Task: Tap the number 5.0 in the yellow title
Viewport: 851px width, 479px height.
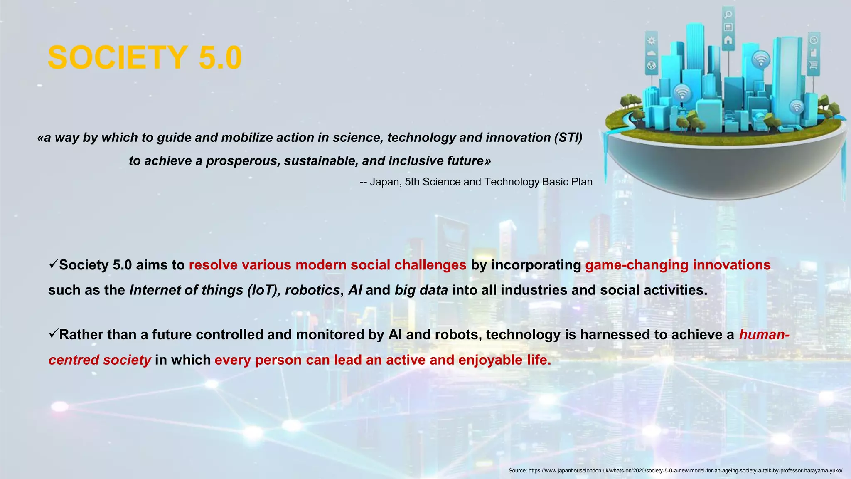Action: (220, 57)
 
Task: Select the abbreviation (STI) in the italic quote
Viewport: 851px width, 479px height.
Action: (568, 137)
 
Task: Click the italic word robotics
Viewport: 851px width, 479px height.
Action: (312, 290)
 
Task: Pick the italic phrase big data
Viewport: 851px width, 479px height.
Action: (421, 290)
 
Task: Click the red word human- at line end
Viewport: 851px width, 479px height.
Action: (764, 334)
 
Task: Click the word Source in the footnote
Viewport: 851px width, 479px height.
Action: (517, 470)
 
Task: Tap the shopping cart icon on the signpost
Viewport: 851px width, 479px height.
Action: (813, 65)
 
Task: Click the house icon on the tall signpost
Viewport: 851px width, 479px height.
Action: (728, 40)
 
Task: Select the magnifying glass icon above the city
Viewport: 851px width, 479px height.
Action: (728, 15)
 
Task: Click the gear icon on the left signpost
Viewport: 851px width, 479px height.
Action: (651, 41)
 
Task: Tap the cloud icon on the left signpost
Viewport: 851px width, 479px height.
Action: (651, 53)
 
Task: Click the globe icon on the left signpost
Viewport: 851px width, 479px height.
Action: (651, 65)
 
